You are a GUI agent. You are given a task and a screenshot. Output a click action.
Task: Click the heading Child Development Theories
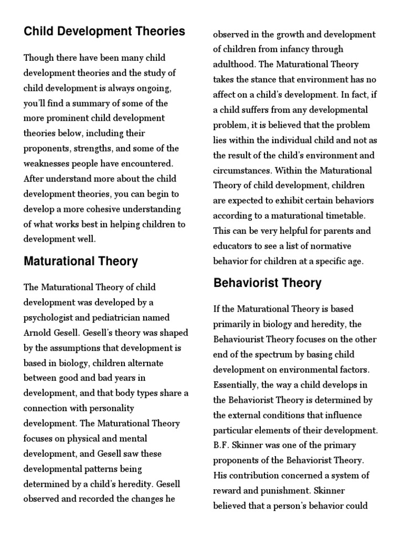click(x=104, y=31)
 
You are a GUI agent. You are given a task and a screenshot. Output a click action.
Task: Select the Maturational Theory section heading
click(x=81, y=261)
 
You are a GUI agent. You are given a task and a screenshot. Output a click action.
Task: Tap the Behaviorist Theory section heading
click(x=267, y=283)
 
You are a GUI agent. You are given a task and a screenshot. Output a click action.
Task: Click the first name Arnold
click(x=39, y=333)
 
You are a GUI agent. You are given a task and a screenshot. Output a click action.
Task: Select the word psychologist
click(x=48, y=318)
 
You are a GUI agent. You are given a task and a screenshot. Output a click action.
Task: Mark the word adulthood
click(x=235, y=65)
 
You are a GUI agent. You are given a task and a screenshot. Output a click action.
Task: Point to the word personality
click(x=111, y=408)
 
